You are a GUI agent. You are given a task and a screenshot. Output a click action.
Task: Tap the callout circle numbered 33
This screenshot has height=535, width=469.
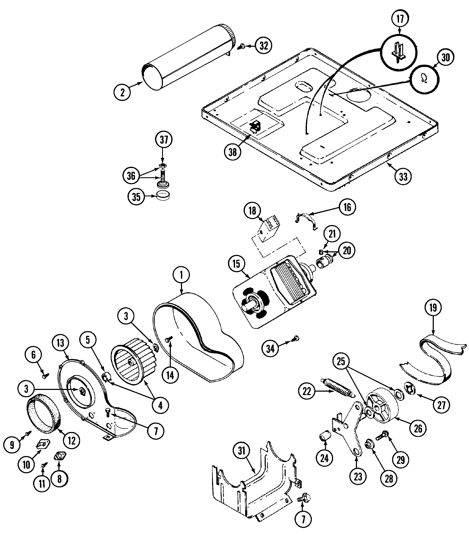[x=403, y=177]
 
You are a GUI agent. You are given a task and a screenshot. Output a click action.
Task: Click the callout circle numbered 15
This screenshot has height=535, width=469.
[x=236, y=264]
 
